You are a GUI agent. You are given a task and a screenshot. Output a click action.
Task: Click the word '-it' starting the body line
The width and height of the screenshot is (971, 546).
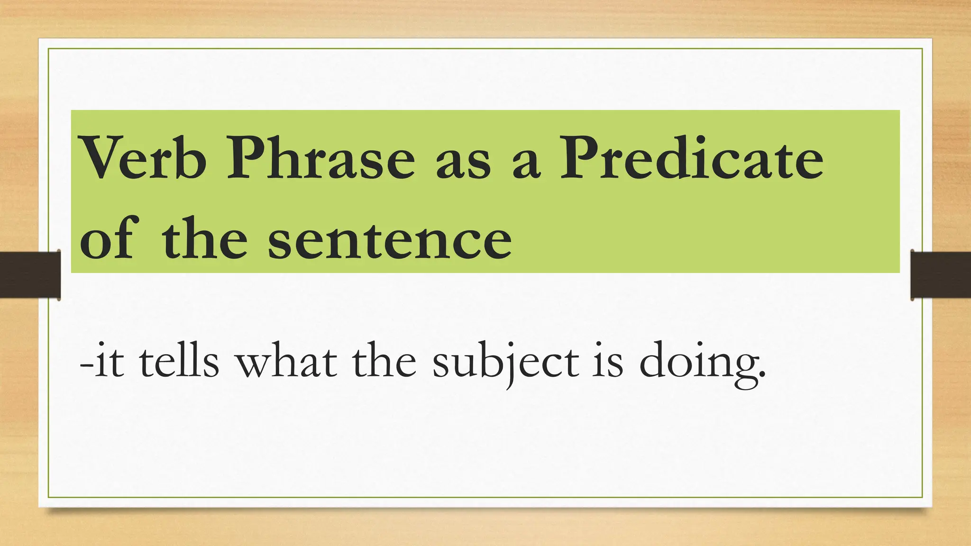102,362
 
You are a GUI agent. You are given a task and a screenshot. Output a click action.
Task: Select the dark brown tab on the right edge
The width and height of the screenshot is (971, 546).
941,275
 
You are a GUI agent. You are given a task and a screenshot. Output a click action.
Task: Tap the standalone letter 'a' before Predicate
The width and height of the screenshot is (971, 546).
526,164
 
